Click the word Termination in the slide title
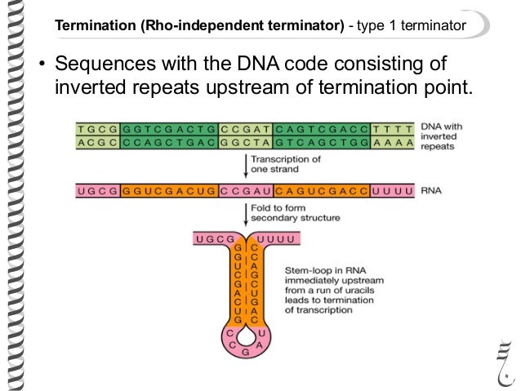91,27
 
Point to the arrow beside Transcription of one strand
246,166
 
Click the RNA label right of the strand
430,192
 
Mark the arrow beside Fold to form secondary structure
246,215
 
